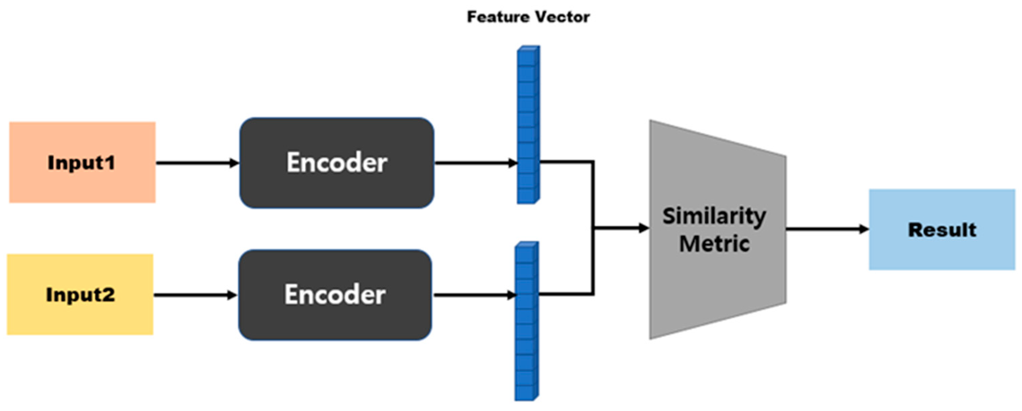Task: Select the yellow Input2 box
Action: (80, 294)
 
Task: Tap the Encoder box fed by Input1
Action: (337, 163)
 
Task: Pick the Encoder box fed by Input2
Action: (335, 294)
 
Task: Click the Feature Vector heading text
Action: (528, 17)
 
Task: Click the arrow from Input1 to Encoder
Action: (197, 163)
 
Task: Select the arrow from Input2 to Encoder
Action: (195, 295)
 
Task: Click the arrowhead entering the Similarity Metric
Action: (643, 228)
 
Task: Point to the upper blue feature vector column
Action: (528, 124)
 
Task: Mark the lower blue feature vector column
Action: (526, 321)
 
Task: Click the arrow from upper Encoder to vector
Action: (475, 163)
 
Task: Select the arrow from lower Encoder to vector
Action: (474, 295)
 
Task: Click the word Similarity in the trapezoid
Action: (714, 216)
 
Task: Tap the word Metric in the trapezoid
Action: (714, 243)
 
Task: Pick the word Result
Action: (942, 230)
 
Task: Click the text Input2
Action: (80, 295)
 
